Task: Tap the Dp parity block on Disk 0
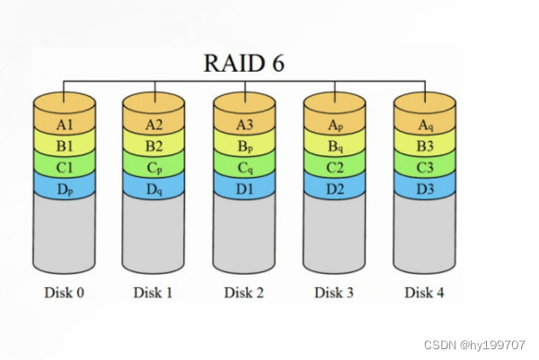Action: point(63,189)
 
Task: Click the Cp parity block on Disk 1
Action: point(154,167)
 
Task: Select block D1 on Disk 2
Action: point(243,189)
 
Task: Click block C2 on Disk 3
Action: point(334,167)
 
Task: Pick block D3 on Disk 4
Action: point(425,189)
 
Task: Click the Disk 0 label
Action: point(63,292)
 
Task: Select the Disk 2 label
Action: point(243,292)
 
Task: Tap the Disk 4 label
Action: point(425,292)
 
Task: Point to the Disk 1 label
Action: point(154,292)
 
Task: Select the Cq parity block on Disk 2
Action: point(243,167)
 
